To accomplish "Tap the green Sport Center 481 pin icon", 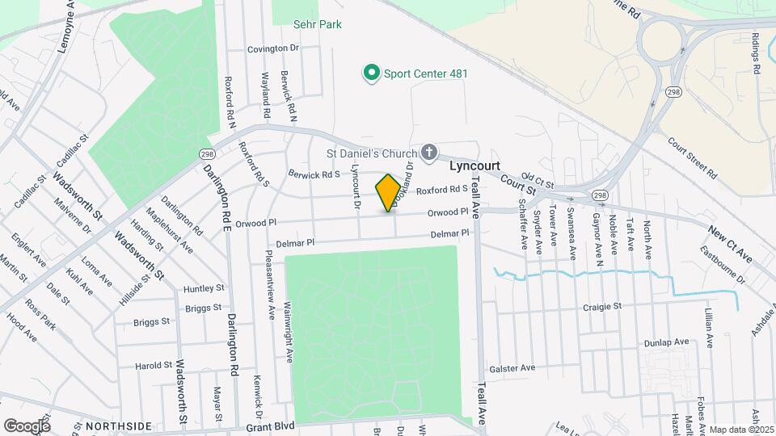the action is [372, 73].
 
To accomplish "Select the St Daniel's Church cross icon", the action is [428, 153].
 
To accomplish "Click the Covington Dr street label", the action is [273, 48].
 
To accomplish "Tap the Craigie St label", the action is [601, 307].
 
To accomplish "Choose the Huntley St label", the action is [204, 288].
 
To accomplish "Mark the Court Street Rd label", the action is [693, 157].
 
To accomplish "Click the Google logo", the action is [27, 426].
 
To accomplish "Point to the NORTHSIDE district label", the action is [118, 426].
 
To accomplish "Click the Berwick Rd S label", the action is [314, 174].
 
